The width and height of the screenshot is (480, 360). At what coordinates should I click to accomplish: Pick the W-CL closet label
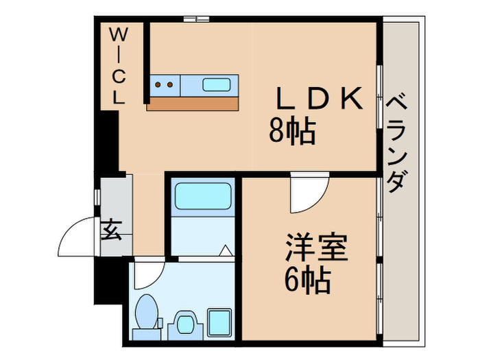[119, 66]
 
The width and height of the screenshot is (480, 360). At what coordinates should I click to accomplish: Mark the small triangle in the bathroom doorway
[224, 250]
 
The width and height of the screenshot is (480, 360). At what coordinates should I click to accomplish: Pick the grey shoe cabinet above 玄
[114, 195]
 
